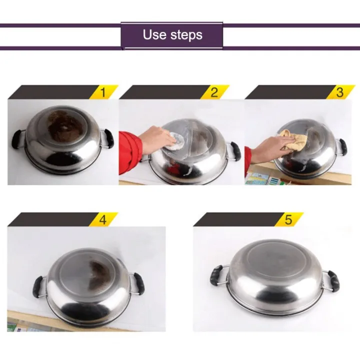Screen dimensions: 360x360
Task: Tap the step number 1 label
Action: (103, 92)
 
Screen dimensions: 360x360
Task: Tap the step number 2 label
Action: (214, 92)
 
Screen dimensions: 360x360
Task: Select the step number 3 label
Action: (339, 92)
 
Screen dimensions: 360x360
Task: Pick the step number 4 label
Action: (103, 219)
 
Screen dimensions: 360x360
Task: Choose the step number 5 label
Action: (288, 219)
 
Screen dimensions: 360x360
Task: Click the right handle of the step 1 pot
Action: (108, 138)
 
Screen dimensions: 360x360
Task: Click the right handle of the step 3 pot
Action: (342, 146)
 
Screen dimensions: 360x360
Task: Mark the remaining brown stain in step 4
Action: (100, 274)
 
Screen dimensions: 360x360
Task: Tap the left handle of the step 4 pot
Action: (39, 285)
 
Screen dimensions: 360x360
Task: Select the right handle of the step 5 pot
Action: (332, 280)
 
